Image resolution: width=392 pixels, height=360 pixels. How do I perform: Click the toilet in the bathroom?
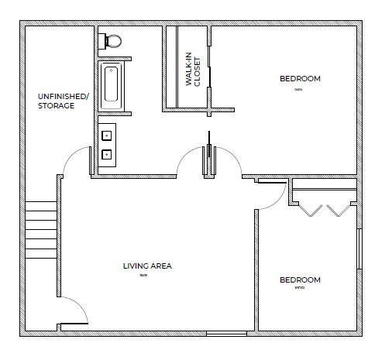pyautogui.click(x=112, y=39)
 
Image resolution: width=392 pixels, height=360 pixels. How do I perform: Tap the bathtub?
pyautogui.click(x=110, y=84)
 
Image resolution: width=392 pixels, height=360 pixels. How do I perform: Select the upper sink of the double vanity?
pyautogui.click(x=106, y=136)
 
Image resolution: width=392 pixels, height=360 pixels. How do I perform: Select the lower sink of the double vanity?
pyautogui.click(x=106, y=154)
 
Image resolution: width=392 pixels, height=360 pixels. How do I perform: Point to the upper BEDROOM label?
pyautogui.click(x=299, y=79)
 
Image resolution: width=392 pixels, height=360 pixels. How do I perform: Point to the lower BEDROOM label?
pyautogui.click(x=299, y=280)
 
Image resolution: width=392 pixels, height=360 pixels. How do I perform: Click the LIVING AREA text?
pyautogui.click(x=147, y=266)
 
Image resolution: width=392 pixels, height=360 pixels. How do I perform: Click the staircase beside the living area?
pyautogui.click(x=41, y=230)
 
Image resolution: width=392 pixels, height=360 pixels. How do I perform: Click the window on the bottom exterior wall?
pyautogui.click(x=226, y=334)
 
